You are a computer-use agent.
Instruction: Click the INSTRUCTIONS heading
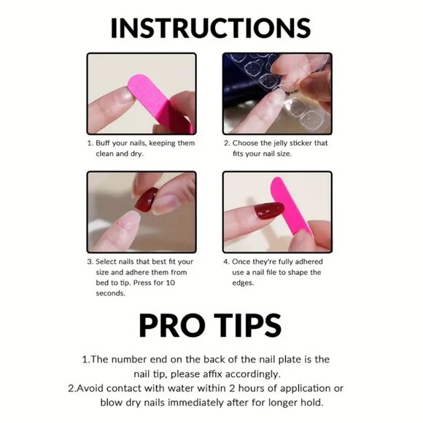[211, 27]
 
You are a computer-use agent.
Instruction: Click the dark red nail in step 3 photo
[147, 198]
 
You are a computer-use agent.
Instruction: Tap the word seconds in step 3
[111, 293]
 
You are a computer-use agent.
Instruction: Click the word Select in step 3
[109, 261]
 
